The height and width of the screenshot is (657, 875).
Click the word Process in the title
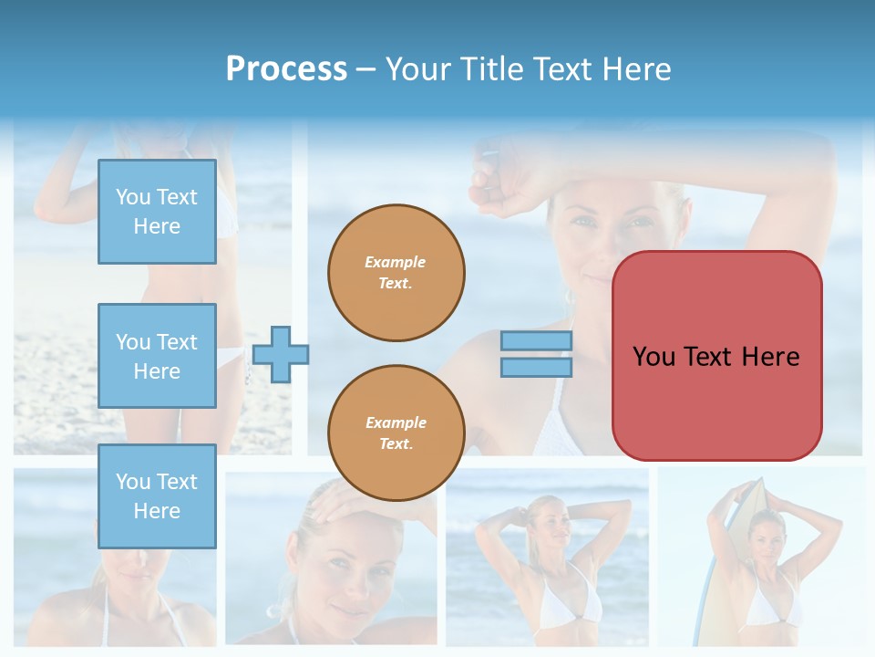[x=286, y=69]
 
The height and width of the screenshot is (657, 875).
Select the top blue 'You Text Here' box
[x=157, y=212]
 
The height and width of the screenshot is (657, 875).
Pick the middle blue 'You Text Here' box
[x=157, y=356]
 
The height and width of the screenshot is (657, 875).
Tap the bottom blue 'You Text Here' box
[x=157, y=496]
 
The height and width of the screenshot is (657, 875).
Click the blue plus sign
[x=281, y=354]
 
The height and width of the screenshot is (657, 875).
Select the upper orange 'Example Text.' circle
[x=396, y=273]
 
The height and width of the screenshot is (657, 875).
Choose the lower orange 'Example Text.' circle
[x=396, y=433]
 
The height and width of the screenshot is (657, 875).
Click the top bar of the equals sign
[x=536, y=341]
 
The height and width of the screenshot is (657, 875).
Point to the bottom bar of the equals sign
[x=536, y=367]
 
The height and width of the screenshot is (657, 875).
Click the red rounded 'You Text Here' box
[x=716, y=356]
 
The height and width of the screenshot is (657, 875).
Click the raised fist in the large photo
[x=490, y=172]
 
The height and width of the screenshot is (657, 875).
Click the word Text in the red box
[x=710, y=356]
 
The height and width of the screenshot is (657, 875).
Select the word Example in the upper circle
[x=396, y=262]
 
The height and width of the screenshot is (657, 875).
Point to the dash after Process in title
[x=366, y=69]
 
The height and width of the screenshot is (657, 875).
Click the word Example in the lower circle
[x=396, y=422]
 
